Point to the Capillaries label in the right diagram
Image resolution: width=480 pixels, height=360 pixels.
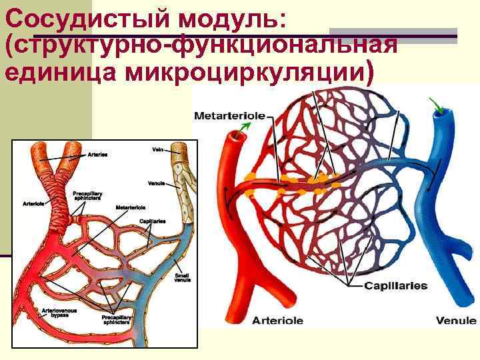395,286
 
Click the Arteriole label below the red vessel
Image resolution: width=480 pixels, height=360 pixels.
277,321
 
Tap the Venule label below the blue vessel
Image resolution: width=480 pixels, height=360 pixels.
456,321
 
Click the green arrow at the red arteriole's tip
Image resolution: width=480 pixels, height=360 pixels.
246,126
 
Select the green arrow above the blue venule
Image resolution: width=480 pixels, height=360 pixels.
437,105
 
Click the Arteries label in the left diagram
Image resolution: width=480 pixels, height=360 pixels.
98,154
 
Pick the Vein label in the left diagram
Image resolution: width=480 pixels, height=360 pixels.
158,150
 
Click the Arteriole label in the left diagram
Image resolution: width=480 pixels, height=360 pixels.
33,203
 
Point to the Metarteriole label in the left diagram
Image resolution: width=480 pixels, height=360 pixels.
131,208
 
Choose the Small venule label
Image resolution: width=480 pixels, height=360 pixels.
182,277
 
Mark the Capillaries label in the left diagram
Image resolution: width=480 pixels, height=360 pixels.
153,221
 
